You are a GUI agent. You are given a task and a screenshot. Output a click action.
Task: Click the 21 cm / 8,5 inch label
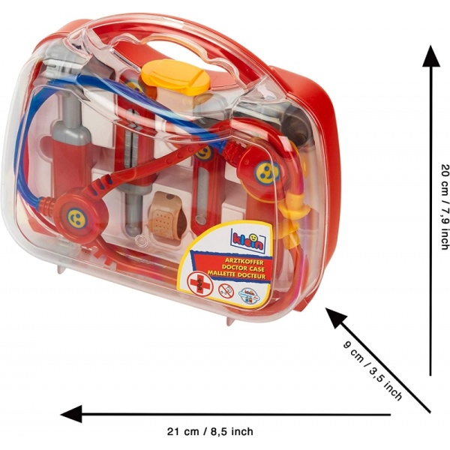[x=209, y=431]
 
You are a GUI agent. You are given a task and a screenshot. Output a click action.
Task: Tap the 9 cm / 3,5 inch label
[x=372, y=371]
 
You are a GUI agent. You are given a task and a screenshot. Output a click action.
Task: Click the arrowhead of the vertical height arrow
[x=430, y=56]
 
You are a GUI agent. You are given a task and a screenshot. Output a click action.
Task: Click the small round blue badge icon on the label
[x=250, y=293]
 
